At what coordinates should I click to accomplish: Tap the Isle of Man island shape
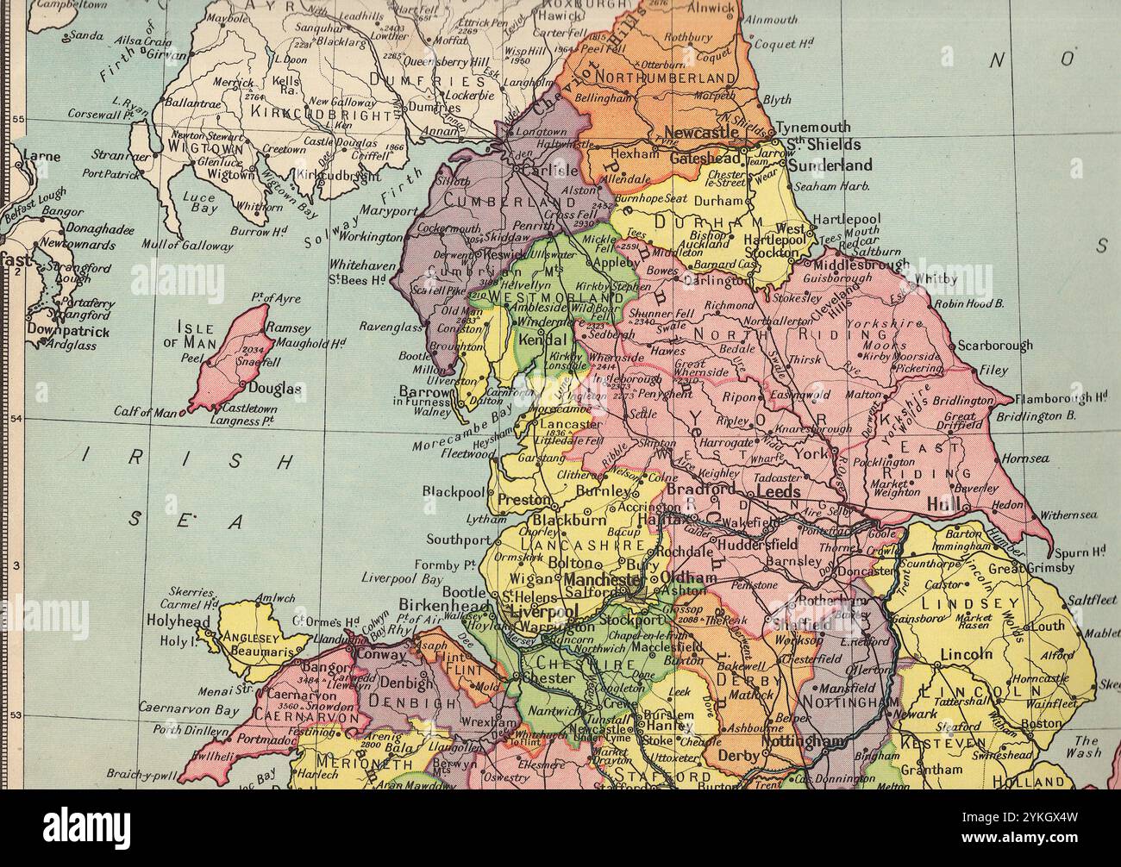235,362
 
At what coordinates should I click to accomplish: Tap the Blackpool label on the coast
454,491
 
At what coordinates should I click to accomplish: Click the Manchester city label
602,581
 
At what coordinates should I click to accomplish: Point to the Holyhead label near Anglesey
178,621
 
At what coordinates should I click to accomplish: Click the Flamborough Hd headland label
1060,398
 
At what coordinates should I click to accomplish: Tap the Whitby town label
935,278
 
